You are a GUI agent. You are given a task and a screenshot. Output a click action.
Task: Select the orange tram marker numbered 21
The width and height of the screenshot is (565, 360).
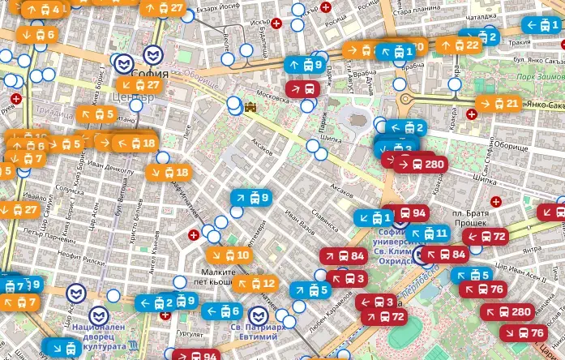(497, 103)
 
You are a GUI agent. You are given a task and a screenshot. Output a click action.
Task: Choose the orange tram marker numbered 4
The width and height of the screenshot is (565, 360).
(42, 10)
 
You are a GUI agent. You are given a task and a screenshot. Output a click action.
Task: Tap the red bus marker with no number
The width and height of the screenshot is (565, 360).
(302, 88)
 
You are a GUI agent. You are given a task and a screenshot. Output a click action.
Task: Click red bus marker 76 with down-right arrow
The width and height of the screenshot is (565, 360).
(522, 332)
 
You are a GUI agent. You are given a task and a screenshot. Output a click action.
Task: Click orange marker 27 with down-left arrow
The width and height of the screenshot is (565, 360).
(139, 84)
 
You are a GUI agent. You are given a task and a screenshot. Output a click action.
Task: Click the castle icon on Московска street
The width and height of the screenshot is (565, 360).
(251, 106)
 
